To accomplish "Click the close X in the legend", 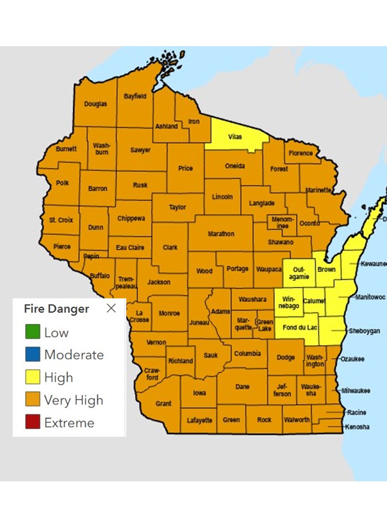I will (x=111, y=308).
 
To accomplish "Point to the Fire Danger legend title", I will (x=56, y=309).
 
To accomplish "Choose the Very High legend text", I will (x=73, y=400).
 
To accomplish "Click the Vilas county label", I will (x=235, y=137).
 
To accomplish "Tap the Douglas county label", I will (x=95, y=104).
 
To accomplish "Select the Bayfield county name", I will (x=135, y=96).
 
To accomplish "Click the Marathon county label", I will (x=221, y=234).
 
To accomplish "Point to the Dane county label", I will (x=243, y=387).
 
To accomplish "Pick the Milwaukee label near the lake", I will (x=356, y=391).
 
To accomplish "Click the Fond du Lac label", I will (x=298, y=328).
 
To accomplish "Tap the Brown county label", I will (x=326, y=269).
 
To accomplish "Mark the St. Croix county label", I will (x=61, y=220).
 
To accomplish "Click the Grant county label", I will (x=163, y=403).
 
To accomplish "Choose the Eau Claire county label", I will (x=130, y=248).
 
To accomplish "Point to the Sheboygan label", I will (x=364, y=331).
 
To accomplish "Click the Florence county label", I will (x=300, y=153).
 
